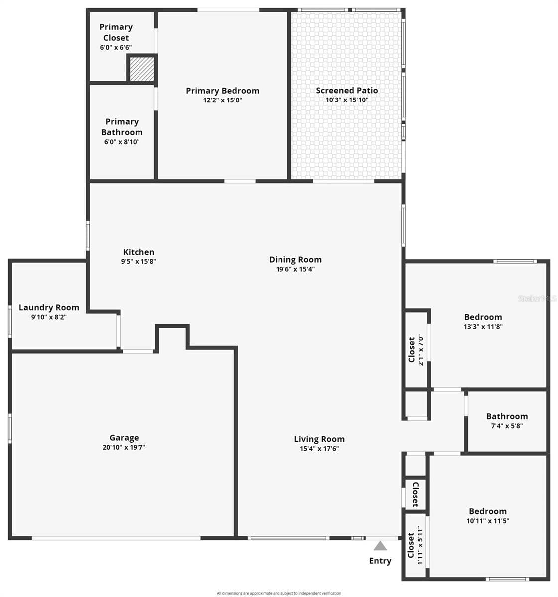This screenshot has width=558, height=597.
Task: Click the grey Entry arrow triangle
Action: click(x=380, y=546)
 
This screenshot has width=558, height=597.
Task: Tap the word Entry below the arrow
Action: click(x=380, y=561)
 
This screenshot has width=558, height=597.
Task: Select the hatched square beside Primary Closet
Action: click(x=142, y=69)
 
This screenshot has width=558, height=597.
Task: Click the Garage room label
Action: click(x=124, y=438)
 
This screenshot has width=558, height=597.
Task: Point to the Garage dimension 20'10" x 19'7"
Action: click(x=124, y=447)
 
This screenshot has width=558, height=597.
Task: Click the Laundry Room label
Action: click(x=49, y=308)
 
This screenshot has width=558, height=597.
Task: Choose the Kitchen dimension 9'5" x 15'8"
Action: click(x=139, y=261)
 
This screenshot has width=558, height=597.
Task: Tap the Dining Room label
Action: click(x=295, y=260)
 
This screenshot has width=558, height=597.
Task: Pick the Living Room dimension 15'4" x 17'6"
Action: click(x=319, y=449)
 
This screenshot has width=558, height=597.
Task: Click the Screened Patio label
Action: click(x=347, y=90)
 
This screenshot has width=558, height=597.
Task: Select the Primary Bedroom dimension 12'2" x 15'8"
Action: click(x=223, y=100)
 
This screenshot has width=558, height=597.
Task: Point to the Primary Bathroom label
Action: click(x=122, y=127)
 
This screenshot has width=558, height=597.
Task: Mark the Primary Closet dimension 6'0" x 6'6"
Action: click(x=116, y=47)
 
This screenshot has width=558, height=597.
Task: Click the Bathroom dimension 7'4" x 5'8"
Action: click(x=507, y=426)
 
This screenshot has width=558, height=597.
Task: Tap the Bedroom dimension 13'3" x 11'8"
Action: click(x=483, y=327)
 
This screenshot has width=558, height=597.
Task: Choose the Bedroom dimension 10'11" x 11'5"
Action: click(x=488, y=521)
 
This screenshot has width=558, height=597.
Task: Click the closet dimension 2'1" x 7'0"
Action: click(x=420, y=350)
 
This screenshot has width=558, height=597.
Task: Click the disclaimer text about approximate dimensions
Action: click(x=279, y=593)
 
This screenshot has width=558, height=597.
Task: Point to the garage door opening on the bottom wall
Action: click(x=116, y=538)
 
